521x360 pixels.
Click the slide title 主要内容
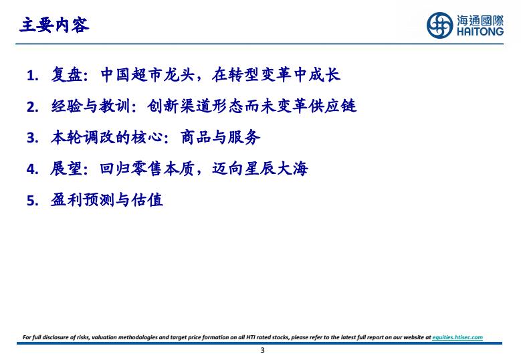click(54, 25)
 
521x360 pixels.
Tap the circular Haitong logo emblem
click(439, 25)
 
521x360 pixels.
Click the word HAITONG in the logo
click(480, 31)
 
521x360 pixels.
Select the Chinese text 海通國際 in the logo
click(480, 20)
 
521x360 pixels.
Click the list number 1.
click(32, 76)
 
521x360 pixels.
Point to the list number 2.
click(32, 107)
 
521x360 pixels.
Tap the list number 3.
click(32, 138)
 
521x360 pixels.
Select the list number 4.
click(32, 169)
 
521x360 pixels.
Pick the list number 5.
click(32, 201)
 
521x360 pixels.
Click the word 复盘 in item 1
click(66, 74)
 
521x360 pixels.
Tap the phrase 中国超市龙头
click(147, 74)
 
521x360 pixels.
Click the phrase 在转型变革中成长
click(276, 74)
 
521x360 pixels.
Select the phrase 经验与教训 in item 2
click(90, 106)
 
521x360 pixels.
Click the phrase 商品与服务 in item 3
click(220, 137)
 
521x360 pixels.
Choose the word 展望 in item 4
click(66, 169)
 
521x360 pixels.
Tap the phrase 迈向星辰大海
click(260, 169)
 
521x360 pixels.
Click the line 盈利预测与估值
click(106, 200)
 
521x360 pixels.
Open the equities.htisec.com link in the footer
click(457, 337)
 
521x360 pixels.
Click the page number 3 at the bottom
click(262, 350)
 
